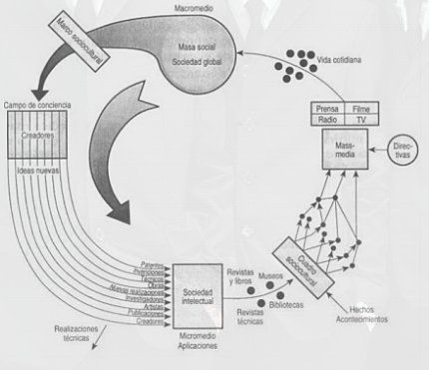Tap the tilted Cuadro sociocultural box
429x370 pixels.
[299, 253]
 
